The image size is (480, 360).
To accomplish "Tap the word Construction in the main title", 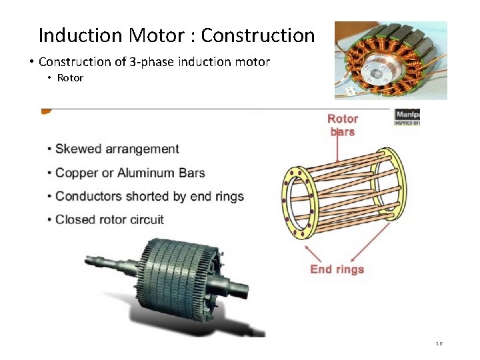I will point(257,35).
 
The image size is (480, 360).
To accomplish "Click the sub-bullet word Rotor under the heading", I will point(70,78).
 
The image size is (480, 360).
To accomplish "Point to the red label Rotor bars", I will point(343,125).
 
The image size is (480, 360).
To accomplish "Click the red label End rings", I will point(337,269).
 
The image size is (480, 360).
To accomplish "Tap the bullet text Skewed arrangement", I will point(117,149).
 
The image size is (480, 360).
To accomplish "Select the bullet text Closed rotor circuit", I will point(109,219).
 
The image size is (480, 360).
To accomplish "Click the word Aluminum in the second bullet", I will point(147,173).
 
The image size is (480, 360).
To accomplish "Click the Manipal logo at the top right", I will point(407,117).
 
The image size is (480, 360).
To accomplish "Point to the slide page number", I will point(439,344).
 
